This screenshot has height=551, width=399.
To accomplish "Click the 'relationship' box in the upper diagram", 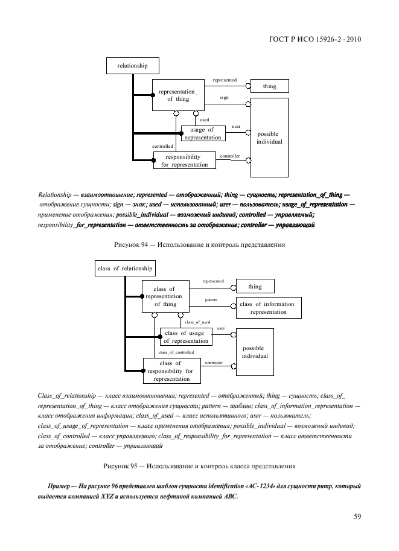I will (132, 65).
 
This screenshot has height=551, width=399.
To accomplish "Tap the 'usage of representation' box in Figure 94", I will (202, 133).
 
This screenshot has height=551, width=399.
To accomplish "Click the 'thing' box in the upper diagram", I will (269, 86).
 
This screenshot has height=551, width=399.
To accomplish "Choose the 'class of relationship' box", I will (124, 268).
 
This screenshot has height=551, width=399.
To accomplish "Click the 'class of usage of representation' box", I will (185, 337).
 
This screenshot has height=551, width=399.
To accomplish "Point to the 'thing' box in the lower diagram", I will (255, 286).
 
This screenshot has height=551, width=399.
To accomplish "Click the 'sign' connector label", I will (224, 97).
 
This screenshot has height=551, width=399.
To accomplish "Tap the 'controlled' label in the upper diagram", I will (162, 146).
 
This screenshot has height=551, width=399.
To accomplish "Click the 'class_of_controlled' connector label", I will (176, 352).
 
